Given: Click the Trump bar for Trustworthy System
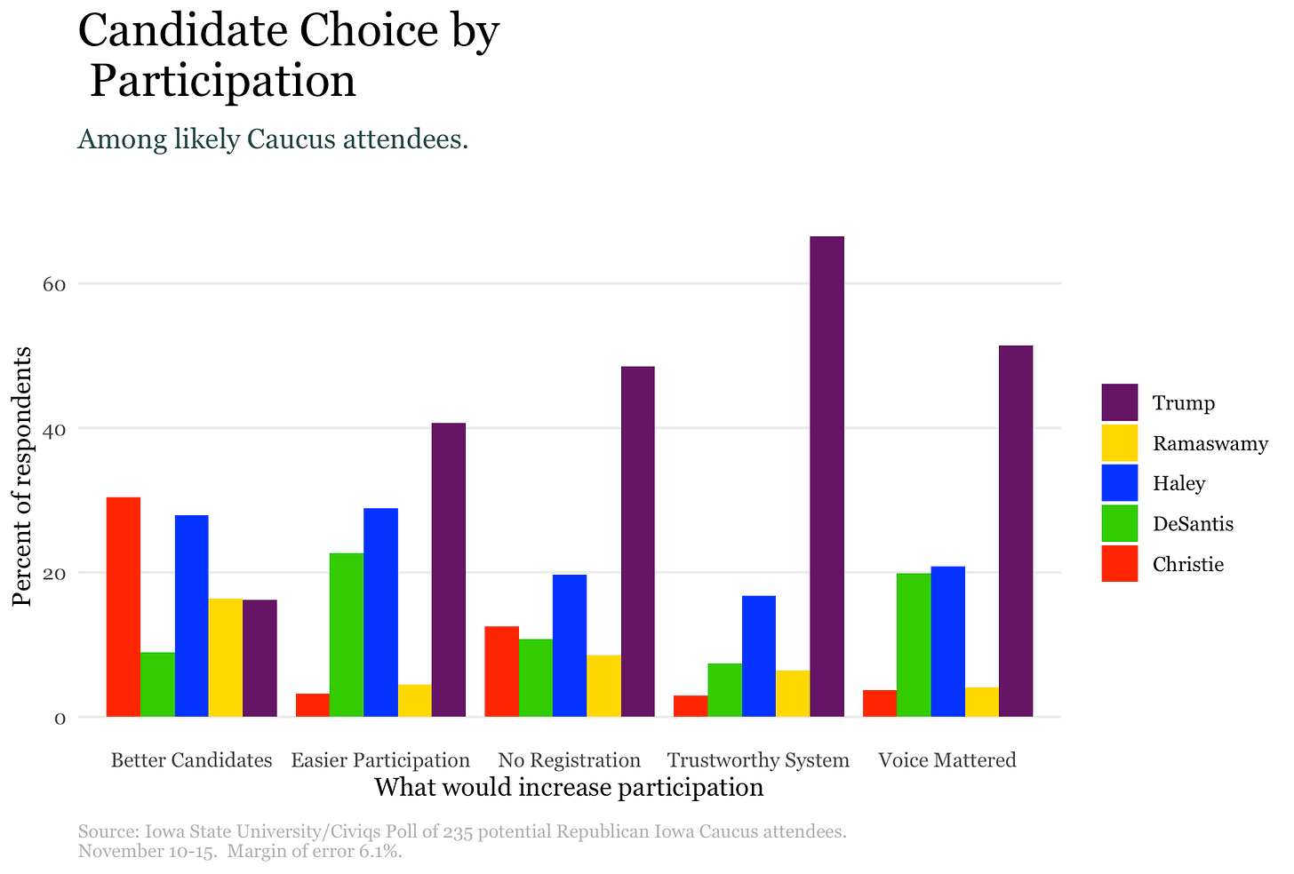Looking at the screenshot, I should [827, 476].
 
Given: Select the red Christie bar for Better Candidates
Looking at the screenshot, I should [124, 607].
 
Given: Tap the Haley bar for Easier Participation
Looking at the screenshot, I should [380, 612].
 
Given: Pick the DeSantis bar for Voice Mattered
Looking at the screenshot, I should [914, 645].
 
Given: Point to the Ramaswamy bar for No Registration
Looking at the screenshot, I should [603, 686].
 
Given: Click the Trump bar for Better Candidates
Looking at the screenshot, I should [260, 658].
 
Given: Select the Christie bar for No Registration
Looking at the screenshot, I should [501, 671].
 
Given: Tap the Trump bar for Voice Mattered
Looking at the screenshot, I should [1016, 530].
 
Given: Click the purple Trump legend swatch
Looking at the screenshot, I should [1119, 402].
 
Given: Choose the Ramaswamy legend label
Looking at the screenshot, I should [1210, 443].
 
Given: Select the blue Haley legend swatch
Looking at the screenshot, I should [1119, 483].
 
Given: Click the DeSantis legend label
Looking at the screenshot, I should [1193, 524].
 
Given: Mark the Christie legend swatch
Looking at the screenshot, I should [1119, 564].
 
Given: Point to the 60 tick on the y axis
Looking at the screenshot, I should [55, 284].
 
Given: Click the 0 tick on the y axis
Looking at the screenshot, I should [60, 718].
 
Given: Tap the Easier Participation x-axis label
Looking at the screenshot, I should [380, 760].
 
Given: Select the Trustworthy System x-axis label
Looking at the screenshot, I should [758, 760].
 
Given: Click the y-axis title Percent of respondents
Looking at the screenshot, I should [22, 476].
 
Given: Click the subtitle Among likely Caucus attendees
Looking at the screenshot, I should [273, 139].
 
